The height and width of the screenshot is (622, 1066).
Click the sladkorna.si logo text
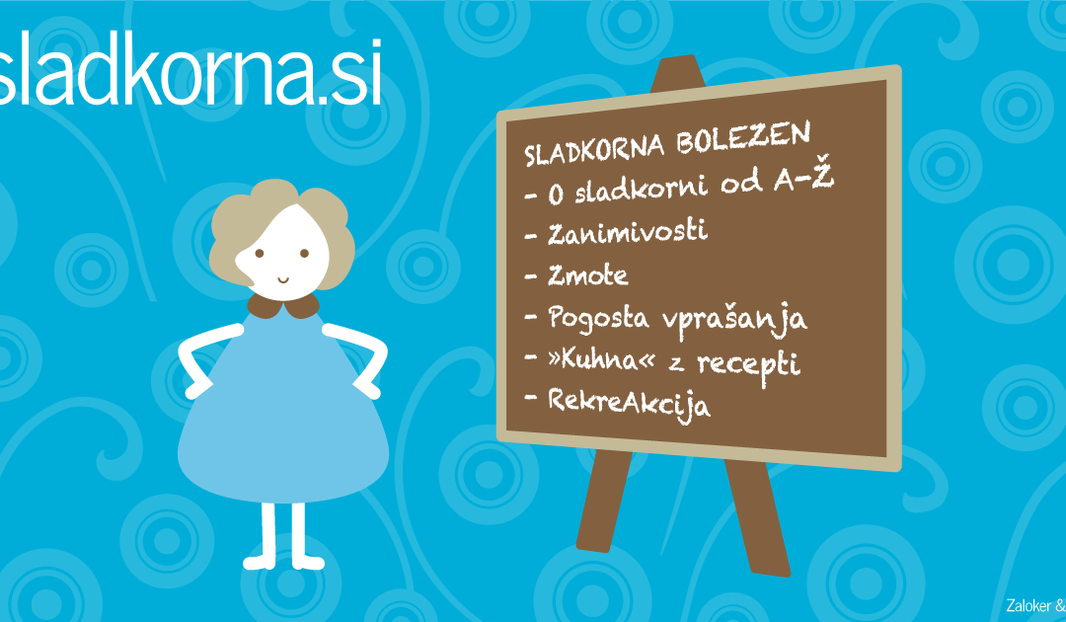click(x=190, y=73)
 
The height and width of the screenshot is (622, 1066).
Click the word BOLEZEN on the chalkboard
click(x=743, y=138)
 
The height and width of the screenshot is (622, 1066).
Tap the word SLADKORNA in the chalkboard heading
click(x=593, y=149)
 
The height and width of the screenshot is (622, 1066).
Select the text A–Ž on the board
click(x=803, y=178)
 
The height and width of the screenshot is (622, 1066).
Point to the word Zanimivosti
click(x=628, y=232)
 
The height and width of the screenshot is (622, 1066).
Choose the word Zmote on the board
click(x=588, y=275)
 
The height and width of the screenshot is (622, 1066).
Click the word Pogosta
click(x=598, y=318)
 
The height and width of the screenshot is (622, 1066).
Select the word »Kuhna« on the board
click(x=602, y=359)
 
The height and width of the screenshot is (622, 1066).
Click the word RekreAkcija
click(x=629, y=405)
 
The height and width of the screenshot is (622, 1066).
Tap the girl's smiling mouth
click(x=283, y=279)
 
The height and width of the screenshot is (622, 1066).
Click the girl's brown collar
click(x=283, y=307)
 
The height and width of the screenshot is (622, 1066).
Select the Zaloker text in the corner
click(x=1028, y=605)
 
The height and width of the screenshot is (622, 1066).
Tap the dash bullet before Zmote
click(x=531, y=276)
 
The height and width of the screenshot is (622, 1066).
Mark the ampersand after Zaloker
click(x=1060, y=605)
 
